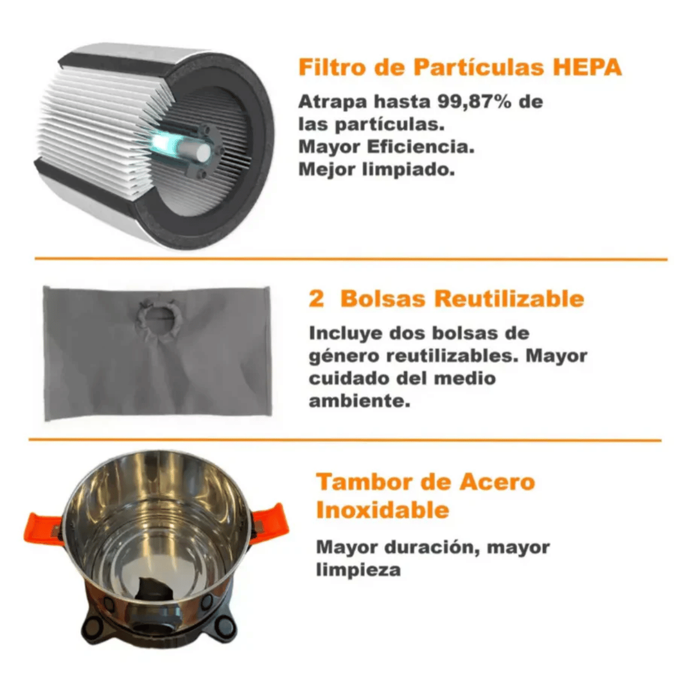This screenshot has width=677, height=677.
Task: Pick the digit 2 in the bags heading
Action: tap(316, 299)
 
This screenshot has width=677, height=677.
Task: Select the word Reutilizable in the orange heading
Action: tap(509, 298)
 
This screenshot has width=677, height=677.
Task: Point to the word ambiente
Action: tap(359, 401)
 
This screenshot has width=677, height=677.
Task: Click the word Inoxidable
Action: tap(383, 510)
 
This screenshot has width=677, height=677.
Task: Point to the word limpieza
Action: tap(358, 570)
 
